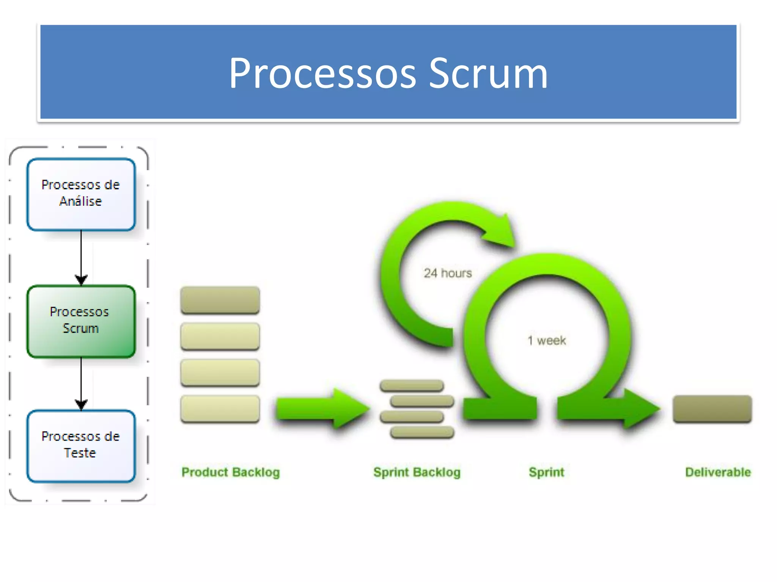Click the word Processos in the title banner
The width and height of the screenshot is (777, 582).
coord(322,74)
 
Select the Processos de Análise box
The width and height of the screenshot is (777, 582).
coord(81,194)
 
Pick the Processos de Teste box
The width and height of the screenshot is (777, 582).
coord(81,446)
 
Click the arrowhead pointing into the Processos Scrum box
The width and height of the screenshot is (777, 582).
coord(81,280)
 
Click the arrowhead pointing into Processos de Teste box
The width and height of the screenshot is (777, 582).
coord(81,405)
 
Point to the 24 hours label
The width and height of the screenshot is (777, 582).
coord(448,273)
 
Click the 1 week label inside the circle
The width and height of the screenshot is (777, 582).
coord(547,341)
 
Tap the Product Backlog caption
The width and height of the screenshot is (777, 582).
coord(230,472)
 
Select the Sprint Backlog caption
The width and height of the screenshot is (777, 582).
coord(417,472)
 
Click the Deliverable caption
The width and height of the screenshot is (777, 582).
coord(718,472)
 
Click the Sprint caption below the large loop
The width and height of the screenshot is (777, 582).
coord(546,472)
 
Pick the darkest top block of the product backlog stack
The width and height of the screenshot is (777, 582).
coord(220,300)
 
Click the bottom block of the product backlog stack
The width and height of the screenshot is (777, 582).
coord(220,409)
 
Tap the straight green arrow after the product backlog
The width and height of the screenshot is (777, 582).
coord(319,408)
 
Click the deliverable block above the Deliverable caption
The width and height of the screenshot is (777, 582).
coord(712,409)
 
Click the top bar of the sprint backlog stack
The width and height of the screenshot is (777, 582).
coord(412,386)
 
